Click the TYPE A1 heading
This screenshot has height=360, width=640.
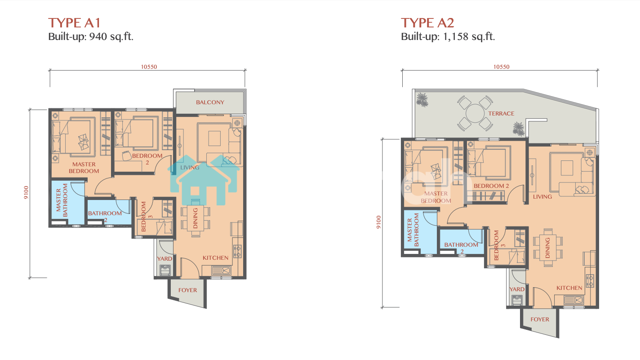[x=74, y=23]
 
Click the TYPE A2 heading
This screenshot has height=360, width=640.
[x=427, y=23]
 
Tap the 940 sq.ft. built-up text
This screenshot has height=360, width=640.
[x=111, y=36]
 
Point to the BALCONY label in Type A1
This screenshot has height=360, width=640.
[x=210, y=102]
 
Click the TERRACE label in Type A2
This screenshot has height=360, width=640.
[x=501, y=113]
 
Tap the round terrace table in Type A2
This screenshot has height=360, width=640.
[x=475, y=113]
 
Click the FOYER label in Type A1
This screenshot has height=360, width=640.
[x=188, y=290]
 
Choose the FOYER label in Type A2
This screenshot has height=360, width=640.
[x=540, y=319]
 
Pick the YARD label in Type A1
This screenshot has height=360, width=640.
[x=164, y=258]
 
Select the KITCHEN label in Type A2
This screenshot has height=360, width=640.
[x=569, y=288]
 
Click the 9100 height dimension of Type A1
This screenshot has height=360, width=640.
[x=26, y=192]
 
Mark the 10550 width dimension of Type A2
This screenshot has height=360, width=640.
[x=502, y=67]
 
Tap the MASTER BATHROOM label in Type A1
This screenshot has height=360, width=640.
[x=62, y=200]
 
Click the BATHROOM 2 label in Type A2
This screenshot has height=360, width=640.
[x=461, y=248]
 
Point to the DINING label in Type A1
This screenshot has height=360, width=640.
[x=196, y=218]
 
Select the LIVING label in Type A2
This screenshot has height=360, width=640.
[x=542, y=196]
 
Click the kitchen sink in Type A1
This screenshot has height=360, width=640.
[x=222, y=270]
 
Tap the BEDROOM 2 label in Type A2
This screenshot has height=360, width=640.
[x=491, y=186]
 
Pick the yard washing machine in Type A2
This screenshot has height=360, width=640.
[x=517, y=300]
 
